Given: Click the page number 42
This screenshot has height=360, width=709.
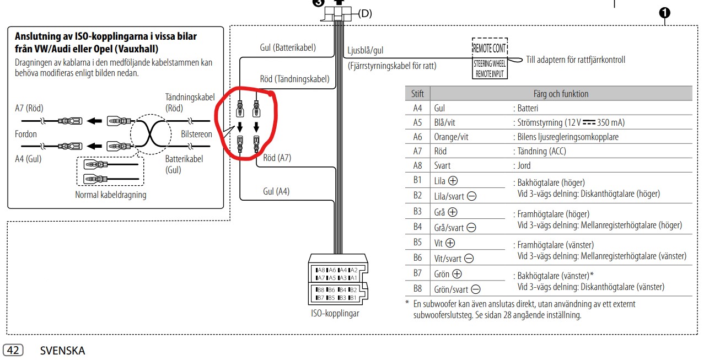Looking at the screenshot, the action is point(13,350).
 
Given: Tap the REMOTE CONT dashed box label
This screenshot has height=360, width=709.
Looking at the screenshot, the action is point(490,49).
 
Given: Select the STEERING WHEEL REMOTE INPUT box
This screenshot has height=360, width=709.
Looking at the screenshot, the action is point(490,68).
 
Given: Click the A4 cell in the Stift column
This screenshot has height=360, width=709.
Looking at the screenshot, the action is point(417,108).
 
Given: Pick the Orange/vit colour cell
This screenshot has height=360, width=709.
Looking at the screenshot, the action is point(451,137).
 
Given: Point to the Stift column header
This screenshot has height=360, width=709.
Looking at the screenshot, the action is point(417,94).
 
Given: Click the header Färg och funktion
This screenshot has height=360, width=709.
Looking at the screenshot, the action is point(561,94).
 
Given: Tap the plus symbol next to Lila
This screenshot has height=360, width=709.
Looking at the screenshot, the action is point(453,181).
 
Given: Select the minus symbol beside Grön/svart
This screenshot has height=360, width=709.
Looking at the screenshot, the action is point(476,289).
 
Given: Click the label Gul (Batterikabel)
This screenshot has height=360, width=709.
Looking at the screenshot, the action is point(288,47).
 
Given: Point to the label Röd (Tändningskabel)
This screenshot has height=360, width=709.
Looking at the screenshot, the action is point(294,79).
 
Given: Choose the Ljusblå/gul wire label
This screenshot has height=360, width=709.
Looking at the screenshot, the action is point(366,50).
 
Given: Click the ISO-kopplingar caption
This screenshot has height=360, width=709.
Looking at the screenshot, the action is point(335,313).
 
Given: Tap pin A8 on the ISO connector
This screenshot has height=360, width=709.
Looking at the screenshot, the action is point(321,270).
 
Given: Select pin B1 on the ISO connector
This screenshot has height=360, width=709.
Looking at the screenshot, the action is point(352,298).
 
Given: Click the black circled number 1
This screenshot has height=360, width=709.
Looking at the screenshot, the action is point(665,13).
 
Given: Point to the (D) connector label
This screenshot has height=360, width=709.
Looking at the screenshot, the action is point(365,14).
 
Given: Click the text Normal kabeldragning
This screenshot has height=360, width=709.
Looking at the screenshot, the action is point(111,195).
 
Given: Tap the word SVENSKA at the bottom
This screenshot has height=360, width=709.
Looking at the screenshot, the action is point(62,351).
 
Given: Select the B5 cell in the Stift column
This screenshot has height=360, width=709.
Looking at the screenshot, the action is point(417,242).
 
